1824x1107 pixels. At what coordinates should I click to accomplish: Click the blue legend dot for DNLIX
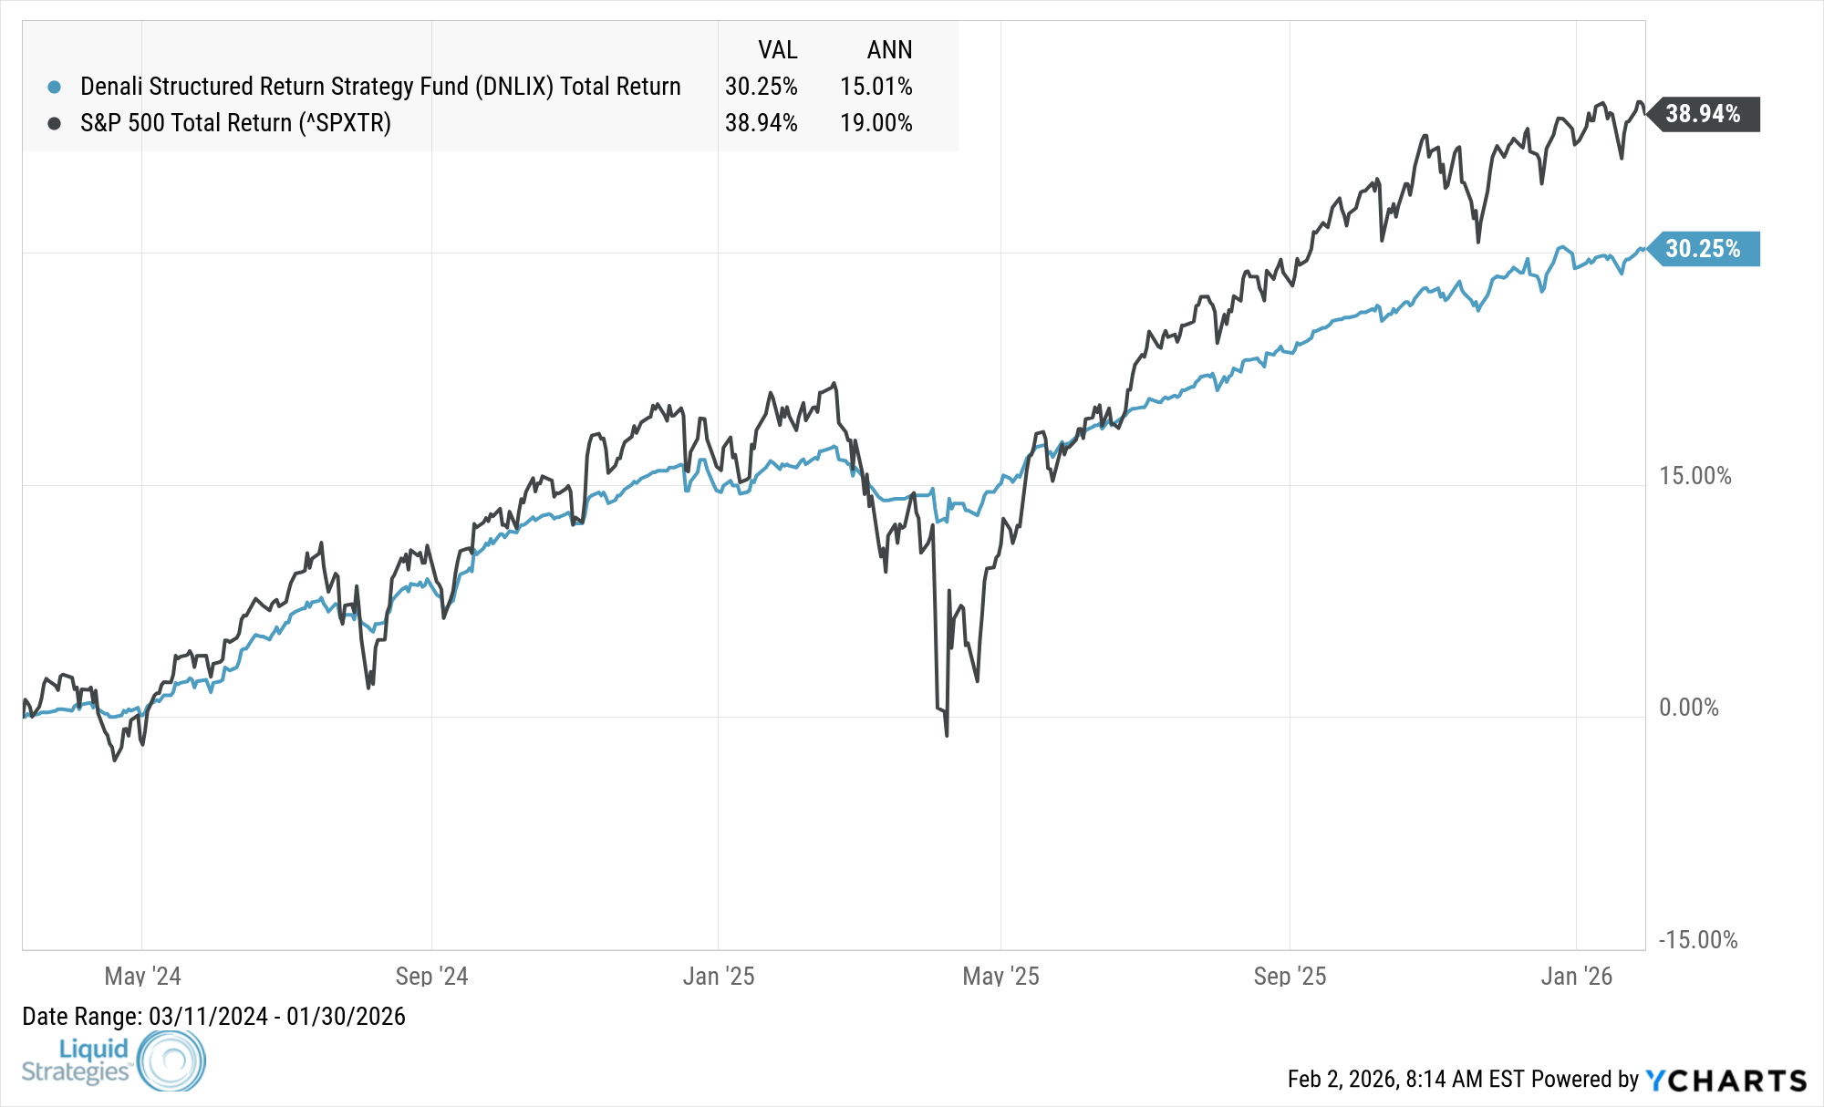[x=55, y=88]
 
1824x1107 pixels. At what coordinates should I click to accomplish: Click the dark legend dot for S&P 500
[x=55, y=123]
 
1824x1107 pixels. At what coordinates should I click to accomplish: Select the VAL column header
[x=777, y=50]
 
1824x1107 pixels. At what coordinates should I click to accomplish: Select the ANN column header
[x=889, y=50]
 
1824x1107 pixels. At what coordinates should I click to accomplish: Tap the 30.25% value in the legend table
[x=761, y=87]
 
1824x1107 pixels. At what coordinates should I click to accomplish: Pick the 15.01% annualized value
[x=876, y=87]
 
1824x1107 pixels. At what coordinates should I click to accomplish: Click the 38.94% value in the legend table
[x=761, y=123]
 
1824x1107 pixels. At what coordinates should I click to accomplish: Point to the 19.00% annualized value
[x=876, y=123]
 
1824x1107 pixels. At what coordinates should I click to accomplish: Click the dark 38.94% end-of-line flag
[x=1704, y=114]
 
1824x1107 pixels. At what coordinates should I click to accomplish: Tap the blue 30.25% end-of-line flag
[x=1704, y=249]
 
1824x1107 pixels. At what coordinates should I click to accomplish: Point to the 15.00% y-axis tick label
[x=1694, y=476]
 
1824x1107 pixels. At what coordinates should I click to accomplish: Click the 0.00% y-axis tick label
[x=1688, y=708]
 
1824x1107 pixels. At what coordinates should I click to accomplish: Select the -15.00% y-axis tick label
[x=1697, y=940]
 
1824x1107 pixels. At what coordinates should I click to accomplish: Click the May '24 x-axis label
[x=142, y=977]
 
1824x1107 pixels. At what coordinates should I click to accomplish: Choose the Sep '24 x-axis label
[x=431, y=977]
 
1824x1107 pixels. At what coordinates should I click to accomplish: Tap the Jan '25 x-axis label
[x=719, y=977]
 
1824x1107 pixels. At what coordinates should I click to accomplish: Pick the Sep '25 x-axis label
[x=1290, y=977]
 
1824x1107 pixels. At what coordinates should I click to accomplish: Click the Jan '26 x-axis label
[x=1576, y=977]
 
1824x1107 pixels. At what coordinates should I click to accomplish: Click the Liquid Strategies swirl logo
[x=171, y=1060]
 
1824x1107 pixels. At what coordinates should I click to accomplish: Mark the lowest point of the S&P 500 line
[x=947, y=735]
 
